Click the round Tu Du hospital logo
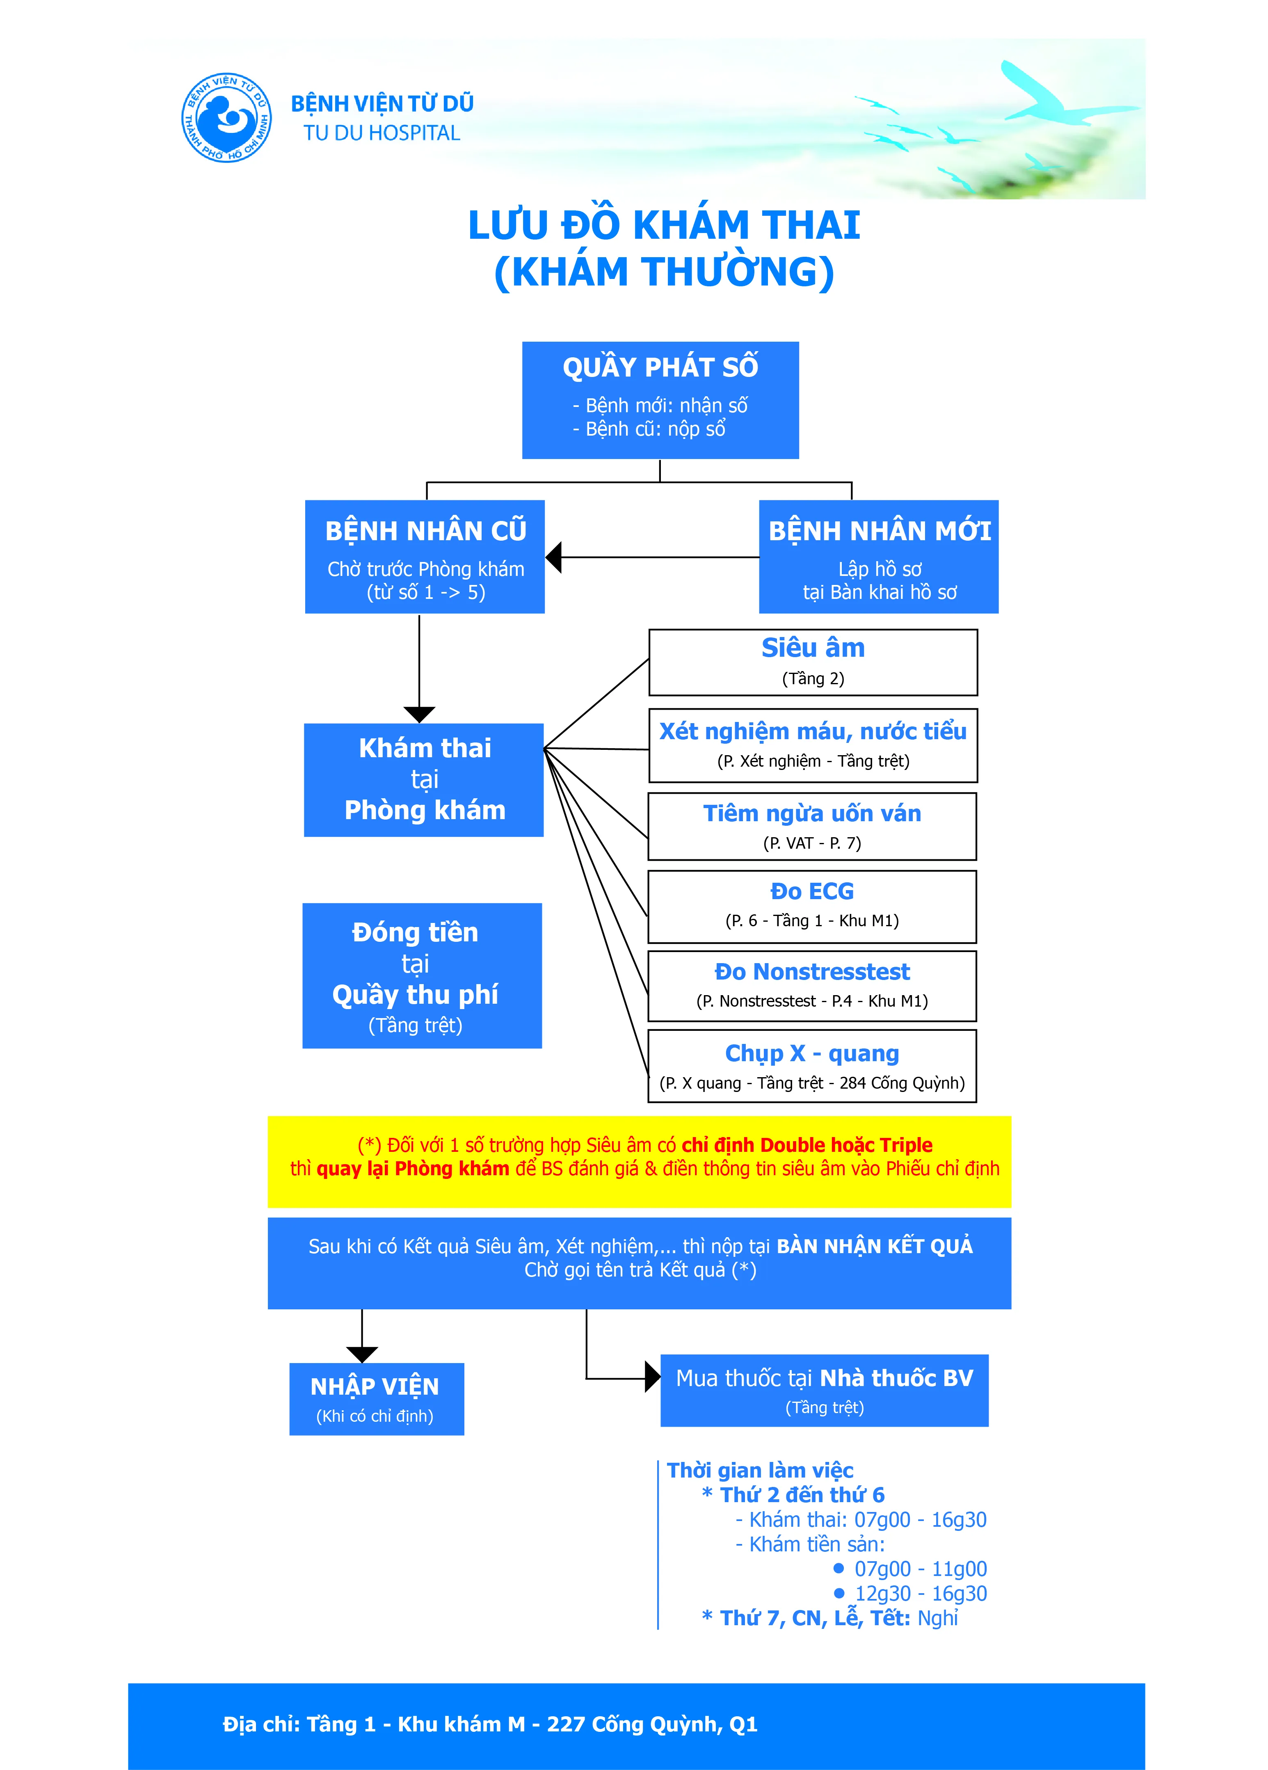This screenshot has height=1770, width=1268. point(226,118)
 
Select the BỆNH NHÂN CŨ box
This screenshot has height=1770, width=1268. point(425,557)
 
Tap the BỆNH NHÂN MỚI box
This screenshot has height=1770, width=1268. point(879,557)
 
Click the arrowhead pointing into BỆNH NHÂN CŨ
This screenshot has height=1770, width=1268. point(554,557)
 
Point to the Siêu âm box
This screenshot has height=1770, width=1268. point(813,662)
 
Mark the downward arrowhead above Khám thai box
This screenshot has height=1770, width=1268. point(419,714)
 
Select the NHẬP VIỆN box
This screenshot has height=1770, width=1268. point(376,1398)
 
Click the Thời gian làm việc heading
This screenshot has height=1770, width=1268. point(760,1470)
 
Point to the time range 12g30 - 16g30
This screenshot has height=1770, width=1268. point(921,1594)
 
